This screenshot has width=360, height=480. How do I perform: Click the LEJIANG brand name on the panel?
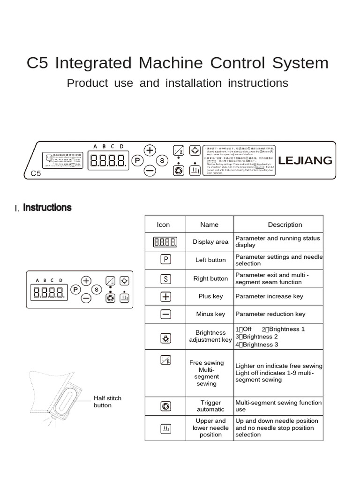click(305, 160)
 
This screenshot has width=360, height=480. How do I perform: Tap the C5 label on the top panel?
click(37, 173)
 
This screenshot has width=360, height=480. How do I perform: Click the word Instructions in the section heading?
click(47, 207)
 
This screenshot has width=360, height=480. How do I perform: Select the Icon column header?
click(163, 225)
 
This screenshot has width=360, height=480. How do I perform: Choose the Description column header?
click(285, 225)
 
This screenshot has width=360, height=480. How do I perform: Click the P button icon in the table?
click(165, 259)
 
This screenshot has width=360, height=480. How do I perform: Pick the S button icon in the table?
click(165, 278)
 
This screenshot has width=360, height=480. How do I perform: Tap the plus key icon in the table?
click(165, 296)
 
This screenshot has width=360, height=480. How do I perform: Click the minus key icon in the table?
click(165, 314)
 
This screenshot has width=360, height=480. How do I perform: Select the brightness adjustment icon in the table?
click(165, 337)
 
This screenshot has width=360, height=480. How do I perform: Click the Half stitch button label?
click(107, 402)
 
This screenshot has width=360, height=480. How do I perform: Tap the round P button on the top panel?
click(137, 160)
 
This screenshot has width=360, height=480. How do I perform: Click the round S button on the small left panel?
click(96, 289)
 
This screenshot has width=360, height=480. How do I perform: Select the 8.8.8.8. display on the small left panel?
click(48, 293)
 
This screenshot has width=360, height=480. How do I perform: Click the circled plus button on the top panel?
click(150, 150)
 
